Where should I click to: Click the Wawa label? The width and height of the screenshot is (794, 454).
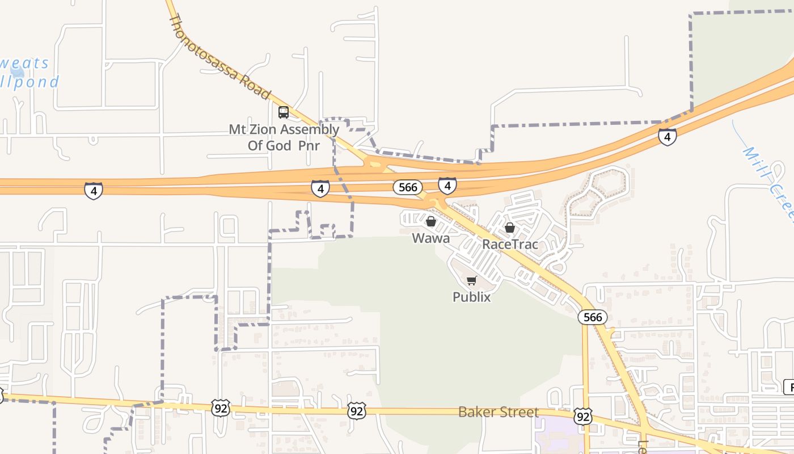tap(430, 238)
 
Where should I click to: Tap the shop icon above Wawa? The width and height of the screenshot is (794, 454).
tap(430, 221)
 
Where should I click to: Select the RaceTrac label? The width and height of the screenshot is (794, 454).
tap(510, 245)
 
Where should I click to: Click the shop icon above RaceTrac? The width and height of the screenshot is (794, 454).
tap(510, 228)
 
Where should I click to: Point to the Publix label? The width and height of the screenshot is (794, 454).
tap(471, 297)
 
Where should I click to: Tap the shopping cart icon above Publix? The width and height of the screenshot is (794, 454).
tap(471, 280)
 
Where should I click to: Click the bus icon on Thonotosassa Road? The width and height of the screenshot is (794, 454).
tap(284, 112)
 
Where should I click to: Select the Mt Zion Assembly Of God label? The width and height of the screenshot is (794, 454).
tap(284, 137)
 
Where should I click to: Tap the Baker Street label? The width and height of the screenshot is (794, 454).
tap(498, 412)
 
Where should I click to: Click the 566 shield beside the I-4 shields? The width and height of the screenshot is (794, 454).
tap(408, 187)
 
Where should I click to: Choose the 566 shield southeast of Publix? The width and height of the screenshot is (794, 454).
tap(593, 317)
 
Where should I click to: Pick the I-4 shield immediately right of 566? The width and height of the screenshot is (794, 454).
tap(447, 185)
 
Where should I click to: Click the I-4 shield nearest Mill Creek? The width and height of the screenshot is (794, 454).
tap(667, 137)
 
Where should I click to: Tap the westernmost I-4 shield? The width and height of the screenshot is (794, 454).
tap(94, 191)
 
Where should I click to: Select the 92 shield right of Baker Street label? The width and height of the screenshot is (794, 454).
tap(583, 417)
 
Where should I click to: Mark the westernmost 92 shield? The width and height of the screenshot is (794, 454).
tap(221, 407)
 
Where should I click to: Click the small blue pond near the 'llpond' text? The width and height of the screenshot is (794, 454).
tap(18, 72)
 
